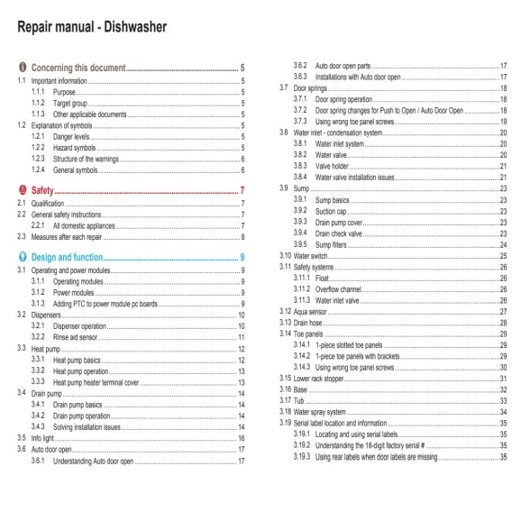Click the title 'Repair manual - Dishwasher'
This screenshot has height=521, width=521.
(x=92, y=27)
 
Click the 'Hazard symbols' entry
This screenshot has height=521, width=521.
(x=75, y=147)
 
